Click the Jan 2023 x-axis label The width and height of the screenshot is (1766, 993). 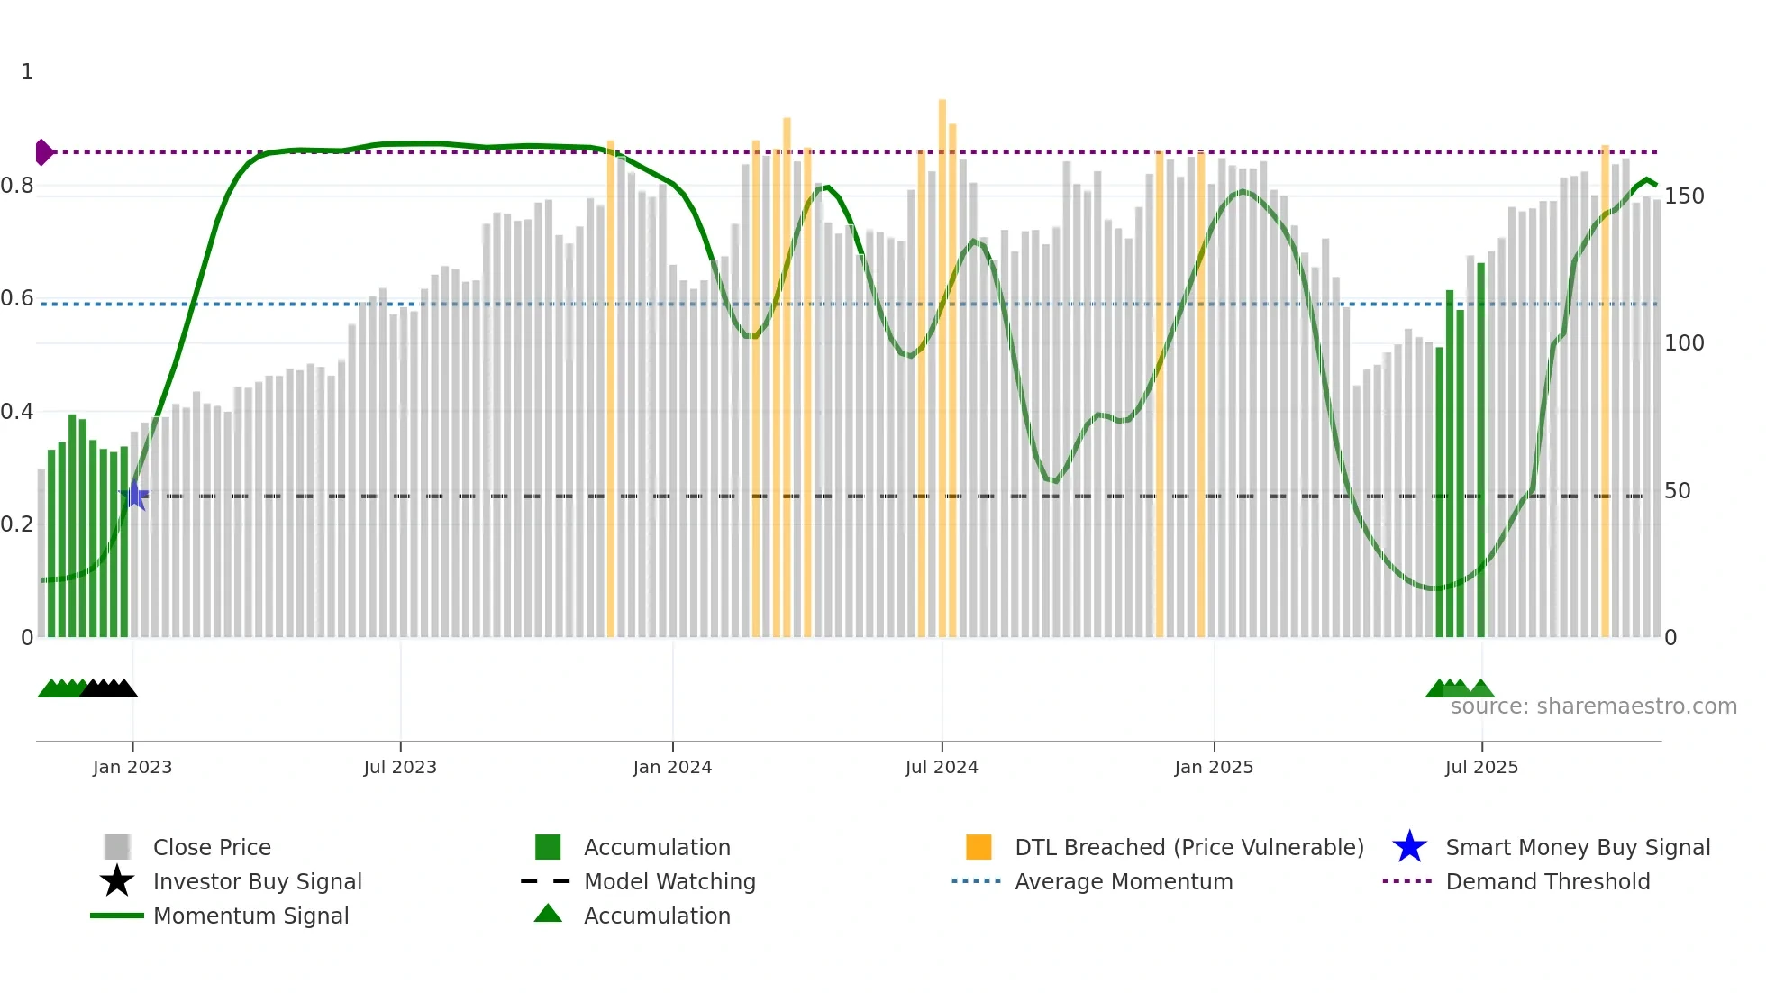click(132, 767)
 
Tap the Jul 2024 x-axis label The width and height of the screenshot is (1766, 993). click(942, 767)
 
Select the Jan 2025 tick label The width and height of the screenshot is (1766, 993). click(1214, 767)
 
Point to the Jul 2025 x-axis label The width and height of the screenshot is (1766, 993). click(1481, 767)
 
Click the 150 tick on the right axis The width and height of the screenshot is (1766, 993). click(1684, 196)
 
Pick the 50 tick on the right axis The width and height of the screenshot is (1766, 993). click(1678, 491)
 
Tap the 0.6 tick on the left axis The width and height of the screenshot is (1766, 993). click(17, 298)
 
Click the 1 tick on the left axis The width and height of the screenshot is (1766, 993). click(27, 72)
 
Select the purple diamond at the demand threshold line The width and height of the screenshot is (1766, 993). click(43, 152)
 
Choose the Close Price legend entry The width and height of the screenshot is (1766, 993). click(212, 847)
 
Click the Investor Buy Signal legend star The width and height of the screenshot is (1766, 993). click(117, 881)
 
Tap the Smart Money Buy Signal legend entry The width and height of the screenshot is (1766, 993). click(1578, 847)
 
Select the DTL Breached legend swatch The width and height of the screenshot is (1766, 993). click(979, 847)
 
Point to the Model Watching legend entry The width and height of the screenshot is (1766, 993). click(669, 881)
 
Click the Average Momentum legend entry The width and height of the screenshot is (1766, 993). click(1124, 881)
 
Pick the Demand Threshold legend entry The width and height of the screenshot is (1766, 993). click(1548, 881)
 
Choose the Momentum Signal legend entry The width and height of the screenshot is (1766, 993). click(250, 916)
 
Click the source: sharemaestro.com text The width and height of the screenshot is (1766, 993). click(1593, 706)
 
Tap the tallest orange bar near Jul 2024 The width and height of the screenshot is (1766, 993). click(942, 360)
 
